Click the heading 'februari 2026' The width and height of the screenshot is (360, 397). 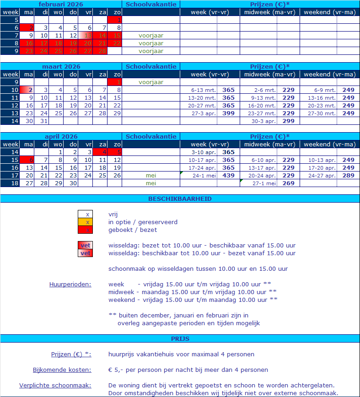[61, 4]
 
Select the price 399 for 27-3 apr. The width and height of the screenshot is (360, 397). [228, 113]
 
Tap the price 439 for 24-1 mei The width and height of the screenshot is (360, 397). [228, 175]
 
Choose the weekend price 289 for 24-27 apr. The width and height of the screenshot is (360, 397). [348, 175]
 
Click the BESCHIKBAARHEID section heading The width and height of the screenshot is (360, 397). [180, 199]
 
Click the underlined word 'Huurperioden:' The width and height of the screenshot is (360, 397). [70, 284]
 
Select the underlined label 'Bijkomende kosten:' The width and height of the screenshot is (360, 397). [62, 370]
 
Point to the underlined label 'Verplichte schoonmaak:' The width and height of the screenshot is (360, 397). [55, 385]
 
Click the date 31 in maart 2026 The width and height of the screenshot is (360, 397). [44, 121]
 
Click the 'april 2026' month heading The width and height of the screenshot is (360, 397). [61, 136]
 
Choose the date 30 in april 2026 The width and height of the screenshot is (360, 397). [73, 183]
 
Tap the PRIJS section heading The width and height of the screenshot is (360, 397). [180, 339]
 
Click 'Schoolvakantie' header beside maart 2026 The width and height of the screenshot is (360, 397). [151, 66]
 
